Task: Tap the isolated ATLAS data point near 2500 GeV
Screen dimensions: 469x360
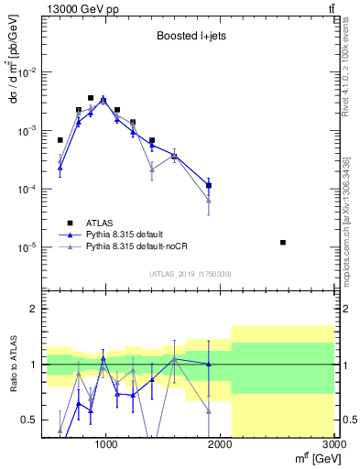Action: click(283, 243)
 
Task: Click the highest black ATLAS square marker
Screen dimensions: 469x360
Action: click(91, 98)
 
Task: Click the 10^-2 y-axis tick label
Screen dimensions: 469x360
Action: click(27, 72)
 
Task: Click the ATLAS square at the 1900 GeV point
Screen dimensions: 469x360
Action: click(209, 186)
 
